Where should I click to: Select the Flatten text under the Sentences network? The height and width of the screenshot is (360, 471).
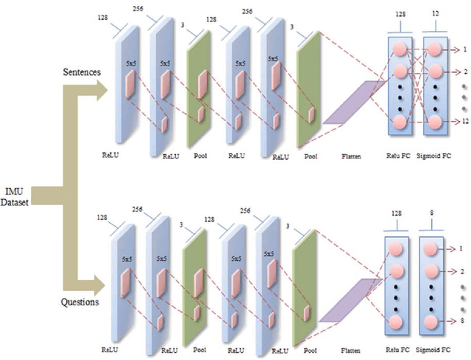(351, 156)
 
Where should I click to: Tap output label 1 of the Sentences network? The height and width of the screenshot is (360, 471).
(464, 49)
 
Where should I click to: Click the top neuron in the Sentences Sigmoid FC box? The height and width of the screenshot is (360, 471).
(435, 50)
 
